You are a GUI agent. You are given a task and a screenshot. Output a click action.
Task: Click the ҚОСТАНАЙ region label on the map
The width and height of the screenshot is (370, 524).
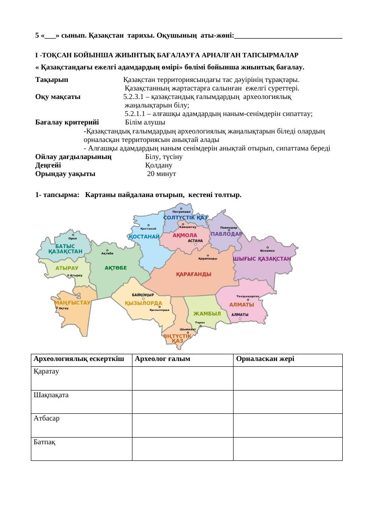[x=144, y=236]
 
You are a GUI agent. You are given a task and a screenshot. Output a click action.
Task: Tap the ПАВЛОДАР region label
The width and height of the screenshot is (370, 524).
[x=226, y=234]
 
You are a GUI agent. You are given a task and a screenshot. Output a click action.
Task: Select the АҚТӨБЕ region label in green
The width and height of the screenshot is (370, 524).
[x=116, y=268]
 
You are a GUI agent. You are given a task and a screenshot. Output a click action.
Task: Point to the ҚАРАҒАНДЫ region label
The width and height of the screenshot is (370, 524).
[x=193, y=274]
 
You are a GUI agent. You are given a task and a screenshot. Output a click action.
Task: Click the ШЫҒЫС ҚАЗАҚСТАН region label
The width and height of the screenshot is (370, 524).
[x=262, y=258]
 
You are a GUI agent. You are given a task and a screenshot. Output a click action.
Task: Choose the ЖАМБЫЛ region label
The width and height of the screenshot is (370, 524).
[x=207, y=314]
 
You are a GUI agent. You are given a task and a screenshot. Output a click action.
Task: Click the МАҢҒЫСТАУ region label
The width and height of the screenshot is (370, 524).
[x=72, y=302]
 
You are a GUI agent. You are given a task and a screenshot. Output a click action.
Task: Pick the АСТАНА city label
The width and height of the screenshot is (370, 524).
[x=195, y=241]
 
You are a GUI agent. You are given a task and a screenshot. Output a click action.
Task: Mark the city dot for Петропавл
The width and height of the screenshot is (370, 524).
[x=181, y=208]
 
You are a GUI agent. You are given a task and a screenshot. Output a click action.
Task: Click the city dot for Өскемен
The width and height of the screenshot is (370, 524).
[x=267, y=247]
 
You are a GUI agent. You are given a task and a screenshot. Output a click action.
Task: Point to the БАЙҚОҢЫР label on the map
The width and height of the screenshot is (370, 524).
[x=143, y=295]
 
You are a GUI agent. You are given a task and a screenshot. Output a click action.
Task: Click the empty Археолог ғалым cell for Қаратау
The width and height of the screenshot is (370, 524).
[x=182, y=378]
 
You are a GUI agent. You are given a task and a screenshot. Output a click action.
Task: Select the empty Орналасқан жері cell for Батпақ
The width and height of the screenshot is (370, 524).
[x=287, y=449]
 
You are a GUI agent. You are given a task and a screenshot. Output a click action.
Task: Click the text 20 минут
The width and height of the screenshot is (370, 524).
[x=162, y=174]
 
